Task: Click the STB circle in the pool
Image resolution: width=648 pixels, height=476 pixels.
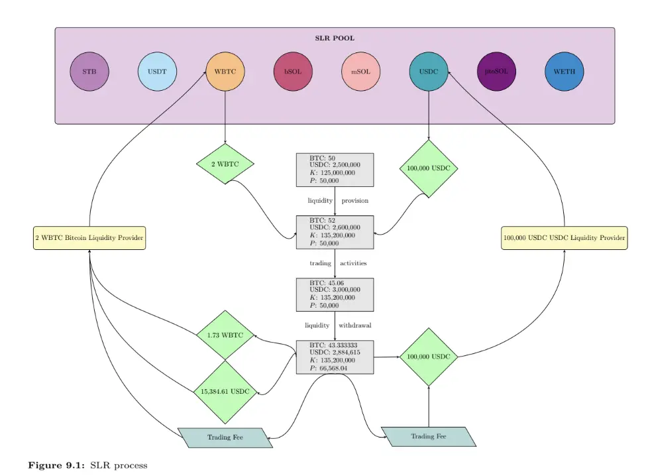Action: point(89,72)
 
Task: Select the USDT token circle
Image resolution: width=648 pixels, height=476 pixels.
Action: point(157,72)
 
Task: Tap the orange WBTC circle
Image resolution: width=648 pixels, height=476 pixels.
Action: point(225,72)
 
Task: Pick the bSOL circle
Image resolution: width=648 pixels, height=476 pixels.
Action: point(293,72)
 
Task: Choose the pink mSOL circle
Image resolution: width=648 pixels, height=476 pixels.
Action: point(361,72)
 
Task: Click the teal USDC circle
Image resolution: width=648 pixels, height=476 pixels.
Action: point(429,72)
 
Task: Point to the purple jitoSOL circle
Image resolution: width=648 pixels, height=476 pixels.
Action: point(497,72)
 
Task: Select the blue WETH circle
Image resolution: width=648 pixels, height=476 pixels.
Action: point(565,72)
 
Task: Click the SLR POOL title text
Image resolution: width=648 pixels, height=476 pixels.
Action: point(335,38)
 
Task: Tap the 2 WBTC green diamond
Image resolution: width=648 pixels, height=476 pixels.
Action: point(226,164)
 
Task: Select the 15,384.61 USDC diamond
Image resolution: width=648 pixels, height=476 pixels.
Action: point(225,392)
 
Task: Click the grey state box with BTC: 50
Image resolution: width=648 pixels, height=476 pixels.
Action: point(335,170)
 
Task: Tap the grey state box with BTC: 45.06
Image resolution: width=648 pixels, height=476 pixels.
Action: point(335,294)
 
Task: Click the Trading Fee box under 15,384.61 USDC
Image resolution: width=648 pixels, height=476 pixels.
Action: point(225,438)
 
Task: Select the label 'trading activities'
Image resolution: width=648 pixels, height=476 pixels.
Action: point(338,263)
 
